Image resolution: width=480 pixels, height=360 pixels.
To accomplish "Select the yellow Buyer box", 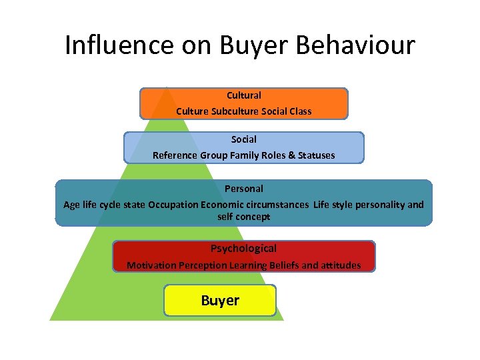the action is coord(220,301).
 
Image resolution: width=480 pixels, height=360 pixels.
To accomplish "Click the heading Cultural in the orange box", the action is coord(244,95).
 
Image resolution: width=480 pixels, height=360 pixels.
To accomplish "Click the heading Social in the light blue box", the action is coord(244,139).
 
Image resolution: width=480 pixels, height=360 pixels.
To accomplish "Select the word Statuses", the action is coord(313,155).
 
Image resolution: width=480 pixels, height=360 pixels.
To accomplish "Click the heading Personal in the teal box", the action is coord(244,189).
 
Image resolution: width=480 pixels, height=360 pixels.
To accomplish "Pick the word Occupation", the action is coord(173,205).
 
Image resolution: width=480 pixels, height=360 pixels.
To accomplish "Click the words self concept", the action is coord(244,217).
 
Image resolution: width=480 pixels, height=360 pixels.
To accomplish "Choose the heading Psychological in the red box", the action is coord(244,249).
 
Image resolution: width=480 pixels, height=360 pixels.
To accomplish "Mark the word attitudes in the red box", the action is coord(341,265).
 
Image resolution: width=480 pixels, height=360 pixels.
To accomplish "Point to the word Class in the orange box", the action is coord(300,111).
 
